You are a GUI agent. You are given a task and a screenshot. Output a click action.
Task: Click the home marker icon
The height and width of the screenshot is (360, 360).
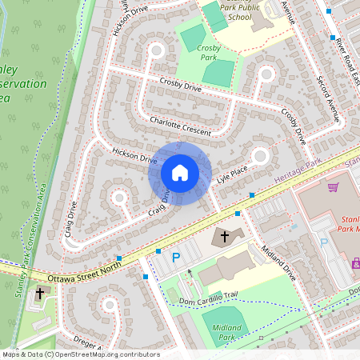tap(179, 173)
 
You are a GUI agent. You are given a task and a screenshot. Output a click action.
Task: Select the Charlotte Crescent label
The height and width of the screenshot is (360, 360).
tap(180, 126)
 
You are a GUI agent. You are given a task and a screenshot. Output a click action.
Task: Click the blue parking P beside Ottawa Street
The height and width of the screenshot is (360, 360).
tap(176, 257)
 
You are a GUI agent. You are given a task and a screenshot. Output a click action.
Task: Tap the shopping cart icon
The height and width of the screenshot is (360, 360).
tap(333, 187)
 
